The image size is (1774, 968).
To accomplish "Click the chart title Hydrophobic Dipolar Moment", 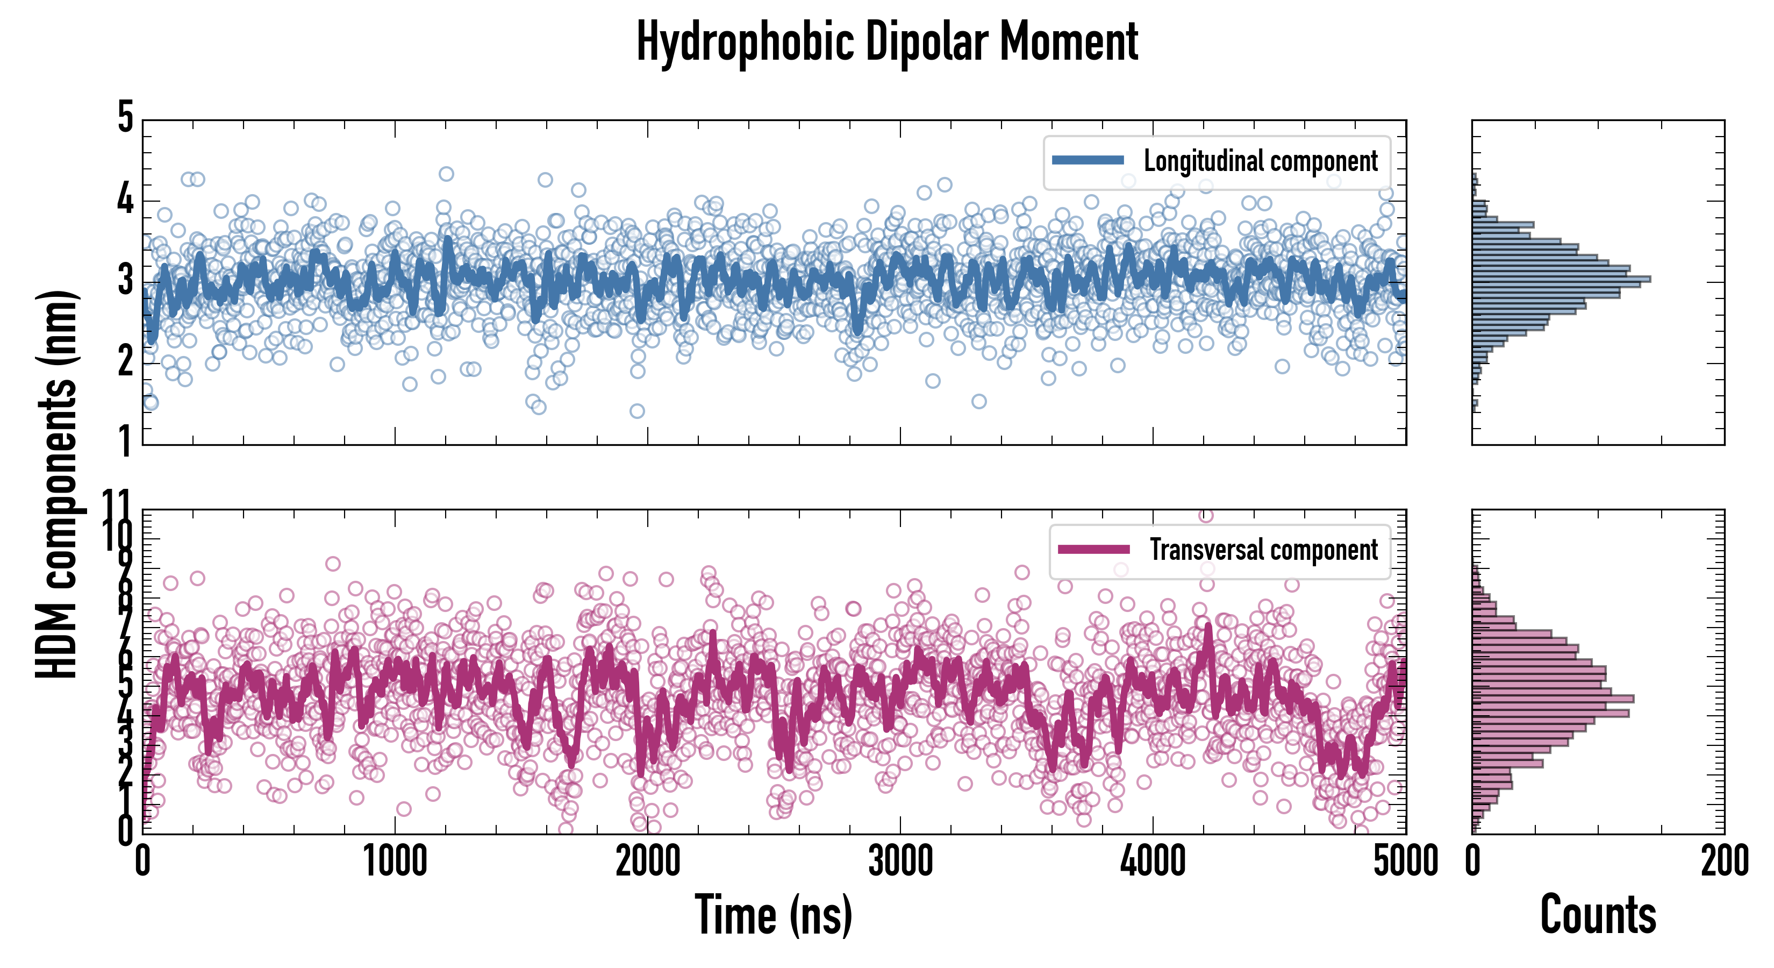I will [887, 42].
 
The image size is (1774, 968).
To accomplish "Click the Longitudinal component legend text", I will [1260, 161].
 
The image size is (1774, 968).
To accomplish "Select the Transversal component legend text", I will [1264, 550].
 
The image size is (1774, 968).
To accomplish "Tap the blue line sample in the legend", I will [1088, 161].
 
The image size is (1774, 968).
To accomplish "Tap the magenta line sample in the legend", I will [1093, 549].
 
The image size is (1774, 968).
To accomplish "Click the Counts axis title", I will [1598, 915].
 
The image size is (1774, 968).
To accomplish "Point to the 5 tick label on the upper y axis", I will [125, 118].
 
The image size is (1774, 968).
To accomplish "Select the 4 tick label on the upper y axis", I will [125, 200].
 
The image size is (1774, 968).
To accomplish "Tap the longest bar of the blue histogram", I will [1561, 279].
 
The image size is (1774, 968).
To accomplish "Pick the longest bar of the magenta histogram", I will [1553, 699].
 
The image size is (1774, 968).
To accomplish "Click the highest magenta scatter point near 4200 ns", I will [1205, 515].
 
